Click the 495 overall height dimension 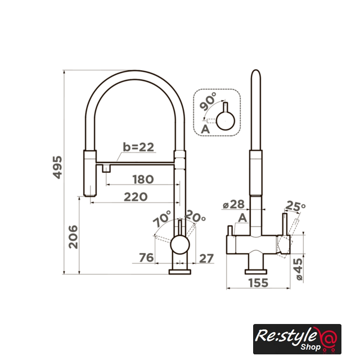pyautogui.click(x=57, y=167)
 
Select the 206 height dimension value pyautogui.click(x=73, y=237)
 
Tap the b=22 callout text pyautogui.click(x=138, y=147)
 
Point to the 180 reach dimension pyautogui.click(x=143, y=179)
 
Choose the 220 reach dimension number pyautogui.click(x=136, y=197)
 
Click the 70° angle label pyautogui.click(x=162, y=218)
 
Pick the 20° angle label pyautogui.click(x=195, y=216)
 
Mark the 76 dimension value pyautogui.click(x=146, y=258)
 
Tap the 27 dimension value pyautogui.click(x=206, y=259)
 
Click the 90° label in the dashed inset pyautogui.click(x=208, y=101)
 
